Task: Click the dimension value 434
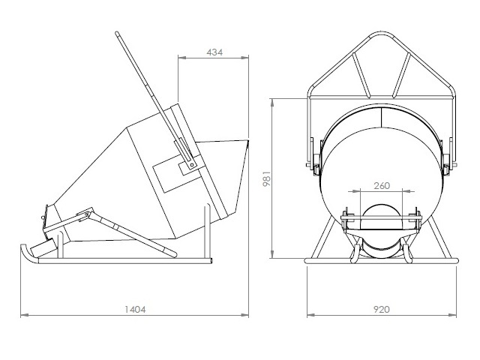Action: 214,52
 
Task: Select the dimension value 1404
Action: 135,310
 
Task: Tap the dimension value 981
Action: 267,178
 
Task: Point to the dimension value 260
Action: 382,185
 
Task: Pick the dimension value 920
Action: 382,310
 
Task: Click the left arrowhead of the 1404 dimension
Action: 24,315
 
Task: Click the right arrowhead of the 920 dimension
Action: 452,315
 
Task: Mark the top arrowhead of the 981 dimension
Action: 272,103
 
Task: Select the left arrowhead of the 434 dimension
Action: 181,57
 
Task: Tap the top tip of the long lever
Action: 117,32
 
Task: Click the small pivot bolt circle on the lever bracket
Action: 192,165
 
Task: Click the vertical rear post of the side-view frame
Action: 207,232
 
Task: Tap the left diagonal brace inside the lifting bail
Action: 361,75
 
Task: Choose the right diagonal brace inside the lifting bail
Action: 402,75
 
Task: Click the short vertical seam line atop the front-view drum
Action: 382,118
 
